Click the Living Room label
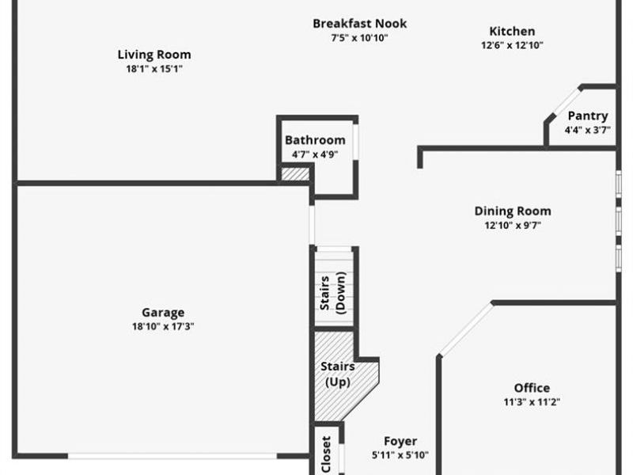point(154,55)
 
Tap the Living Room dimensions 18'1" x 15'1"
point(154,69)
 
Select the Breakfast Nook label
point(360,24)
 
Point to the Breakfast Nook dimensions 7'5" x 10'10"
point(360,37)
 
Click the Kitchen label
point(512,31)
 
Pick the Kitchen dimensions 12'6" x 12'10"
point(512,45)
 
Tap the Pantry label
point(587,116)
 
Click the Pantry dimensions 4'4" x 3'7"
point(587,130)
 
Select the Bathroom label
point(315,140)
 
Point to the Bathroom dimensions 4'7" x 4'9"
point(315,154)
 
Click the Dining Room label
point(513,211)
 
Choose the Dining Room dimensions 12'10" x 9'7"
point(513,225)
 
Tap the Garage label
point(163,312)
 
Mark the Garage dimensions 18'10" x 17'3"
point(163,326)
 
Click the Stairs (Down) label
point(332,294)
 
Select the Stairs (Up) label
point(337,374)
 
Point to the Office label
point(532,388)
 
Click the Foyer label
point(400,441)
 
